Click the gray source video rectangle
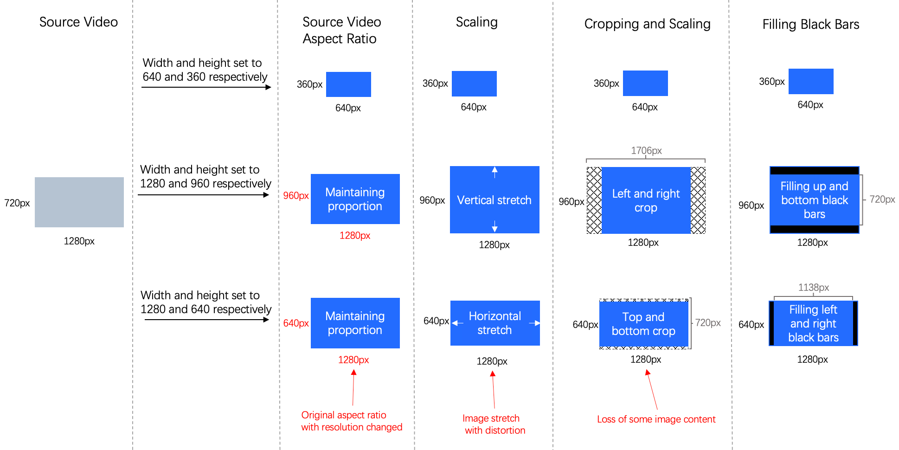pyautogui.click(x=79, y=202)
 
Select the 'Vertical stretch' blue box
pyautogui.click(x=494, y=200)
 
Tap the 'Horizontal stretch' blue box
pyautogui.click(x=495, y=323)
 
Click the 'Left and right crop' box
pyautogui.click(x=646, y=200)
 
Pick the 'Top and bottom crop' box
pyautogui.click(x=643, y=324)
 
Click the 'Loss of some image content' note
pyautogui.click(x=656, y=419)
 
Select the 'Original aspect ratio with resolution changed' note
pyautogui.click(x=351, y=421)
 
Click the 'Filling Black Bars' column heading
pyautogui.click(x=810, y=24)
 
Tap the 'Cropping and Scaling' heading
pyautogui.click(x=647, y=24)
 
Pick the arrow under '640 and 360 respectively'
pyautogui.click(x=206, y=87)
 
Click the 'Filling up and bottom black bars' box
pyautogui.click(x=814, y=200)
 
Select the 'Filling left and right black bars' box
pyautogui.click(x=813, y=323)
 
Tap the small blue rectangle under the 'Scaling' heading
pyautogui.click(x=474, y=84)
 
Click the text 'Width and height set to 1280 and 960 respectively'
pyautogui.click(x=205, y=176)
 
